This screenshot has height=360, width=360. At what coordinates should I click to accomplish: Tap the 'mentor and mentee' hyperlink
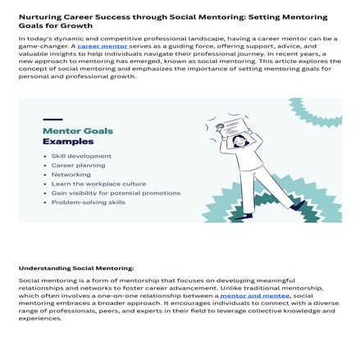coord(255,294)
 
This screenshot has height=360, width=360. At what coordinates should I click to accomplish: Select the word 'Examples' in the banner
coord(63,141)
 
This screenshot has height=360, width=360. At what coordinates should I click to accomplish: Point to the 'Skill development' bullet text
coord(81,156)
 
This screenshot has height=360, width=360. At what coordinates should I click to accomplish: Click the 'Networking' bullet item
coord(71,174)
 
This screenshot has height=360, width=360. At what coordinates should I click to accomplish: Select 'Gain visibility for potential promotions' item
coord(115,193)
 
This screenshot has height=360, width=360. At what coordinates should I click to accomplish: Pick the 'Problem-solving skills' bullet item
coord(89,202)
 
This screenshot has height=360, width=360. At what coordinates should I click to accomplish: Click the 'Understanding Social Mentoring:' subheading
coord(75,267)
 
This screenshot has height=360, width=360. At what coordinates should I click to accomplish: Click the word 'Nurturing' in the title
coord(36,16)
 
